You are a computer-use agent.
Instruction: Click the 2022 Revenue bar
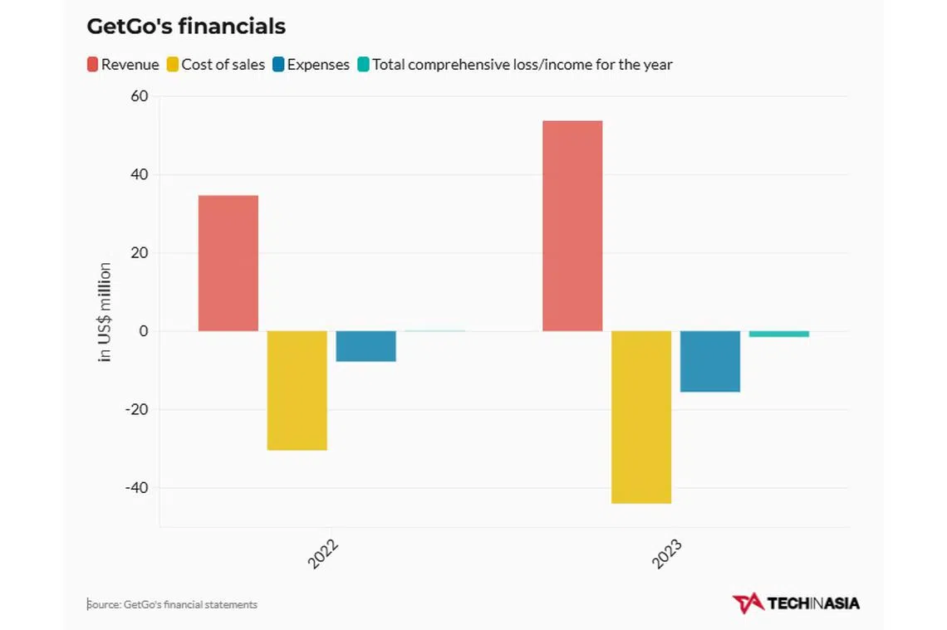[228, 263]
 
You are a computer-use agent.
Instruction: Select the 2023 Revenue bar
[572, 226]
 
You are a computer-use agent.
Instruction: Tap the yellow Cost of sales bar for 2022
[297, 390]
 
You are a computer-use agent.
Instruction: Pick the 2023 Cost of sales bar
[641, 417]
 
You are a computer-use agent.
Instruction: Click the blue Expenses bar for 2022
[366, 346]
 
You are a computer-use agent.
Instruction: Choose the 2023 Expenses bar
[710, 361]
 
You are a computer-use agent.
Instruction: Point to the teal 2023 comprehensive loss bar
[779, 334]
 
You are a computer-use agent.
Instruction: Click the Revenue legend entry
[123, 65]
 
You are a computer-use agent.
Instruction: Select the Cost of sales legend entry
[216, 65]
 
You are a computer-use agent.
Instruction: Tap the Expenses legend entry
[311, 65]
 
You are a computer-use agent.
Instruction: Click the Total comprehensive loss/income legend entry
[515, 65]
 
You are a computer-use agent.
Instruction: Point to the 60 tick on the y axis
[139, 96]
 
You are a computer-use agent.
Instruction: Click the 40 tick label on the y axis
[139, 174]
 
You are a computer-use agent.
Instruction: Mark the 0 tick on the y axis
[143, 331]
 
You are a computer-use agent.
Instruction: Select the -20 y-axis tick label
[136, 409]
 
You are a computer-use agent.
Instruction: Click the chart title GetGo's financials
[186, 27]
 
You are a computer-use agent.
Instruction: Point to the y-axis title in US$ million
[105, 312]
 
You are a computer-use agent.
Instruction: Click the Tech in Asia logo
[796, 603]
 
